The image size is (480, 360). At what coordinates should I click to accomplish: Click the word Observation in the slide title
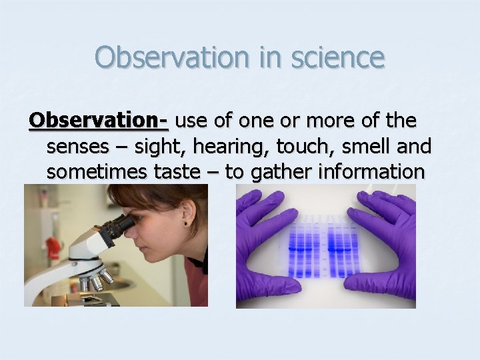(173, 57)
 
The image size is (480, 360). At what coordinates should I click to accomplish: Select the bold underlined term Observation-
(99, 121)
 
